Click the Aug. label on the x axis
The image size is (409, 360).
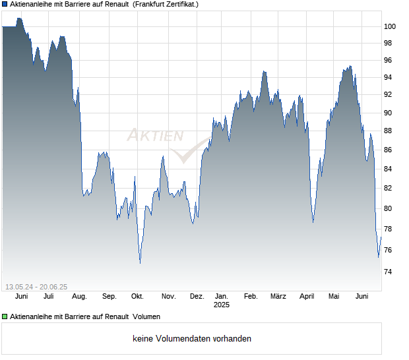tap(79, 297)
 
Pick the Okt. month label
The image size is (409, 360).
tap(137, 297)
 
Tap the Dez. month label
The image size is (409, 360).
tap(197, 297)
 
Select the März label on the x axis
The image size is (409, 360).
tap(278, 297)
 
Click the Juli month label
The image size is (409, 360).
tap(48, 297)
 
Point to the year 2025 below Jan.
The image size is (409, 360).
tap(221, 305)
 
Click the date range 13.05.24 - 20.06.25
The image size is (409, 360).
tap(36, 286)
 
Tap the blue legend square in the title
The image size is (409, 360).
tap(5, 4)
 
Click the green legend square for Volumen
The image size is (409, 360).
tap(5, 316)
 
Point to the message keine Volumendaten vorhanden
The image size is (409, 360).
tap(191, 339)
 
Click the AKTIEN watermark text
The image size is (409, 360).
tap(155, 136)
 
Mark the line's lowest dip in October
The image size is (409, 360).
tap(140, 263)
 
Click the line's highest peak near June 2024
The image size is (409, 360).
tap(19, 18)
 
